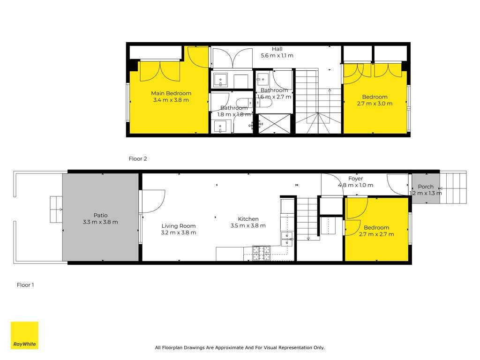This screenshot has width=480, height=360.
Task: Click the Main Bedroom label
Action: pyautogui.click(x=171, y=93)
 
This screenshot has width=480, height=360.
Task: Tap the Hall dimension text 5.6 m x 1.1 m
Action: pyautogui.click(x=277, y=55)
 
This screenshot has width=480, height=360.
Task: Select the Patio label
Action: pyautogui.click(x=100, y=215)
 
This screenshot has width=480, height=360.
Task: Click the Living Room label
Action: pyautogui.click(x=179, y=226)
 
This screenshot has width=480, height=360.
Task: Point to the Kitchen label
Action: pyautogui.click(x=248, y=219)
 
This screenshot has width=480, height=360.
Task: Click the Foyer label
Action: pyautogui.click(x=355, y=179)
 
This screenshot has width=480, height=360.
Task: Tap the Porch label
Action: pyautogui.click(x=426, y=187)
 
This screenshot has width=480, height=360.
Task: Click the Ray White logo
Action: pyautogui.click(x=24, y=335)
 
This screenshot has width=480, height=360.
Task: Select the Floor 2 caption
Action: pyautogui.click(x=138, y=158)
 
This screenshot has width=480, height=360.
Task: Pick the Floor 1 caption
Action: pyautogui.click(x=25, y=285)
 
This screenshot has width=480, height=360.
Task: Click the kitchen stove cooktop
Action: pyautogui.click(x=262, y=253)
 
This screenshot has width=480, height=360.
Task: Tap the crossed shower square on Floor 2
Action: pyautogui.click(x=274, y=123)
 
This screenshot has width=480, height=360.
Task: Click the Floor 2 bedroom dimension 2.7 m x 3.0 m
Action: pyautogui.click(x=375, y=104)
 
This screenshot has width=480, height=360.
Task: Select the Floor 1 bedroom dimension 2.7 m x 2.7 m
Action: pyautogui.click(x=376, y=234)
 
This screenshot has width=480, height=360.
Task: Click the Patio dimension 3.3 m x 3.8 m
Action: pyautogui.click(x=100, y=222)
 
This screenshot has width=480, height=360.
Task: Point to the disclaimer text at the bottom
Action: pyautogui.click(x=240, y=347)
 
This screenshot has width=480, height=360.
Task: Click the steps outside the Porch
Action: pyautogui.click(x=453, y=187)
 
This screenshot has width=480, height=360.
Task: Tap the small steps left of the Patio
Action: pyautogui.click(x=56, y=210)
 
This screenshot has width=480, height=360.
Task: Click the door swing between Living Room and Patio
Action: pyautogui.click(x=152, y=202)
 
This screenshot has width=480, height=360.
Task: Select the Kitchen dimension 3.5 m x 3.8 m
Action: pyautogui.click(x=248, y=225)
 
